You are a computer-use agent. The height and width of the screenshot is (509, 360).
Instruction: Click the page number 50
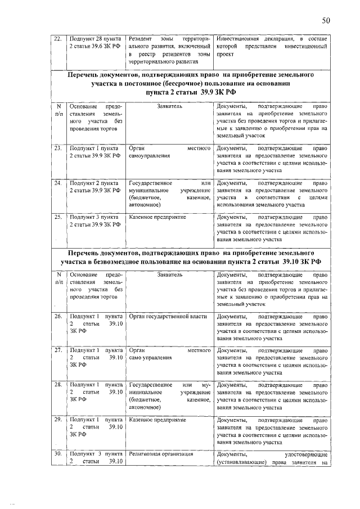[326, 21]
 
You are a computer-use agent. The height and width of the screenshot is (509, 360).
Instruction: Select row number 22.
[57, 38]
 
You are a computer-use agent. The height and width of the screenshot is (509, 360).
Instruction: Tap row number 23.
[57, 149]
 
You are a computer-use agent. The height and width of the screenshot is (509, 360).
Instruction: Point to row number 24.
[57, 183]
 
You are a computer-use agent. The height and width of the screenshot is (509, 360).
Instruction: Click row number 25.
[57, 217]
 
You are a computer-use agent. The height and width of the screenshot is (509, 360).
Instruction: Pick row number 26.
[57, 317]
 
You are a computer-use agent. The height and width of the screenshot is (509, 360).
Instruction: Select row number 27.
[57, 350]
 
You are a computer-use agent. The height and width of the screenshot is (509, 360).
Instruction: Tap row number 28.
[57, 385]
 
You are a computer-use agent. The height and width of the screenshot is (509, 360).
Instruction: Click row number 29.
[57, 420]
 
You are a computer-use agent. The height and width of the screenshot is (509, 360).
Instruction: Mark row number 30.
[57, 453]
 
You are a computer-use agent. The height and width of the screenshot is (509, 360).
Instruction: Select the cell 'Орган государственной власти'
[168, 317]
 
